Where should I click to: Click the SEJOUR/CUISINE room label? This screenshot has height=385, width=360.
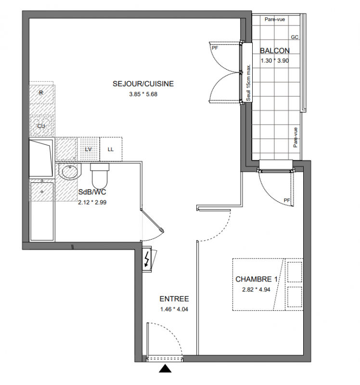pos(143,84)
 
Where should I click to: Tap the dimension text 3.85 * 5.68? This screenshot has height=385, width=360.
pos(143,94)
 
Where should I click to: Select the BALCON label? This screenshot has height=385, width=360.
pos(275,51)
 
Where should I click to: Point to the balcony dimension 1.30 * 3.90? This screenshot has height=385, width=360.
pos(274,61)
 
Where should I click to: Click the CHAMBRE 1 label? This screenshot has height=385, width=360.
pos(257,279)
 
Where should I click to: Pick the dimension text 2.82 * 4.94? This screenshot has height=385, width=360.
pos(256,290)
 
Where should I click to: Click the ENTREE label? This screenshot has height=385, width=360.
pos(174,299)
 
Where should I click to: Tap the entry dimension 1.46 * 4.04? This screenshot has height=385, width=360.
pos(174,309)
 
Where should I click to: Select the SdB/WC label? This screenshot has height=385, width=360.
pos(92,192)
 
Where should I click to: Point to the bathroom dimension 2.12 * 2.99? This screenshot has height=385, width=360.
pos(92,202)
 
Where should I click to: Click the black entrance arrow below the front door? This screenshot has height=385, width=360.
pos(165,369)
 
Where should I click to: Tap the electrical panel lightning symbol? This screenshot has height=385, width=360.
pos(147,259)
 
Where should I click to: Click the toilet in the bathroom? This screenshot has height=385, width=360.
pos(100,175)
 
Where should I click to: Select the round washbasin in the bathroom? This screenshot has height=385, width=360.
pos(70,171)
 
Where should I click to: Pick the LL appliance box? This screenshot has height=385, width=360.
pos(111,149)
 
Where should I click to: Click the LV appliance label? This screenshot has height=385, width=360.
pos(88,149)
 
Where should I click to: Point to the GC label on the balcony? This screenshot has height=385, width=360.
pos(295,37)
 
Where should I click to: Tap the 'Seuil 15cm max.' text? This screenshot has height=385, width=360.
pos(248,83)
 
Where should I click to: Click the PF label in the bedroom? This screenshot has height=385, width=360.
pos(287,200)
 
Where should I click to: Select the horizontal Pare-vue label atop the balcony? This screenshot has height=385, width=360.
pos(275,19)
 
